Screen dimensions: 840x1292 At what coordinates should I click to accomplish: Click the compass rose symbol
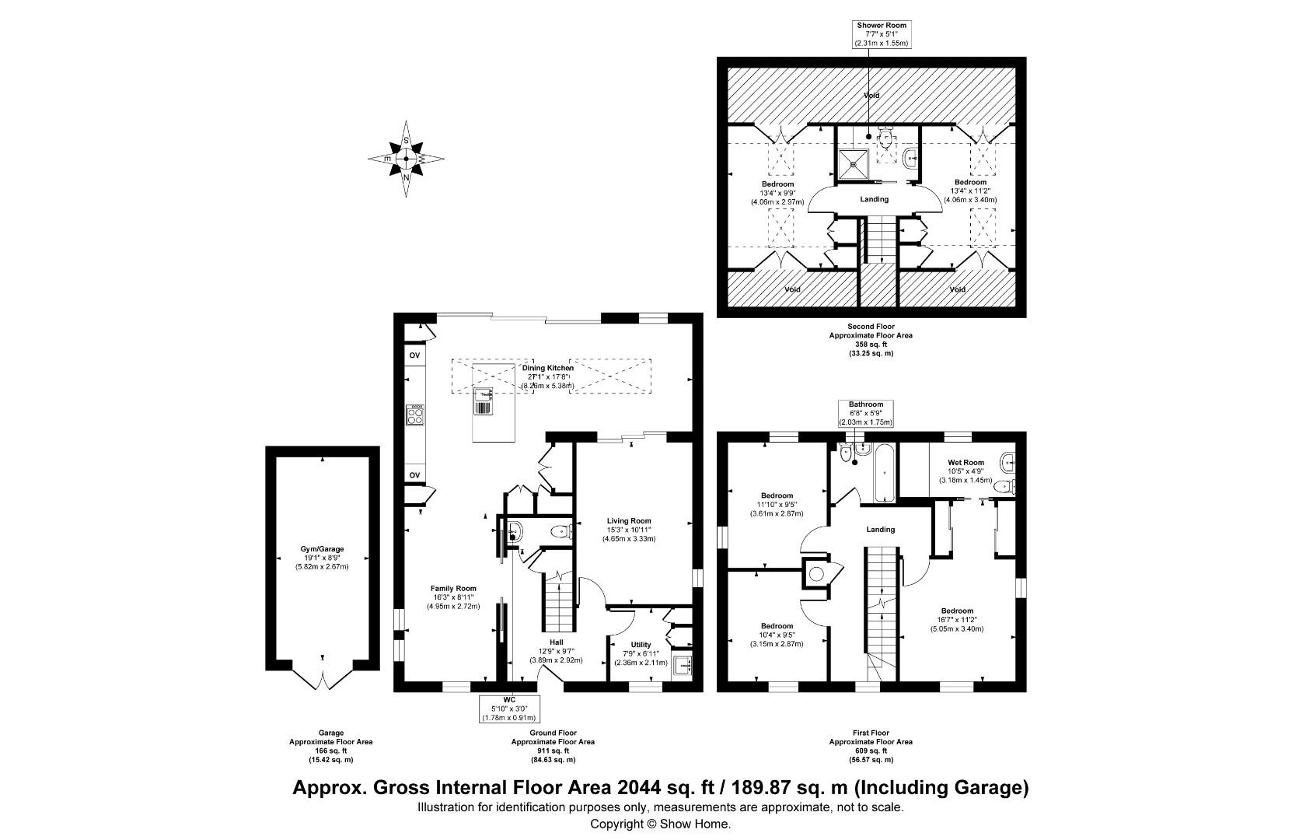tap(406, 159)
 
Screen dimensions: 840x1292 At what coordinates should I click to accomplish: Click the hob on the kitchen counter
tap(415, 416)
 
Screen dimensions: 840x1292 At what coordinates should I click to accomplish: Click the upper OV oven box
tap(414, 355)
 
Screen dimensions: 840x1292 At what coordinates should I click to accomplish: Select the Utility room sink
tap(683, 667)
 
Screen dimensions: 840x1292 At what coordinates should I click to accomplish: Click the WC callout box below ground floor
tap(510, 709)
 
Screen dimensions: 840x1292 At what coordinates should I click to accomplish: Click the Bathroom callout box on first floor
tap(865, 413)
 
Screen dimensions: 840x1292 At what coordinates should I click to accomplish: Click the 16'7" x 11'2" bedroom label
tap(957, 620)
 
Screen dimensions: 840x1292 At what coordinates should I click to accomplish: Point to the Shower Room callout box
tap(882, 35)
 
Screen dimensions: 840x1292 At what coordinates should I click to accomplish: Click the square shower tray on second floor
tap(855, 163)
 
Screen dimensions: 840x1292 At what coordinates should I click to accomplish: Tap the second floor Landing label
tap(874, 199)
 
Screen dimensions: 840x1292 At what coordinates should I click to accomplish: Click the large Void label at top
tap(871, 95)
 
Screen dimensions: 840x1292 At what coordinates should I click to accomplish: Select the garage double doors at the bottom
tap(323, 680)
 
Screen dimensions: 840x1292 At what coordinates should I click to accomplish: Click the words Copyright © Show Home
tap(660, 824)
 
